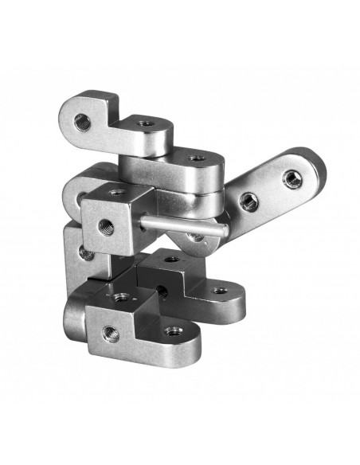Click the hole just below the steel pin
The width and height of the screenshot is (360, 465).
pyautogui.click(x=194, y=236)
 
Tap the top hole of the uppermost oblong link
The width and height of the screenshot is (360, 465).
pyautogui.click(x=196, y=158)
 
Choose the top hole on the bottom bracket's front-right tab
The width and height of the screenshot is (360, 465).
pyautogui.click(x=170, y=330)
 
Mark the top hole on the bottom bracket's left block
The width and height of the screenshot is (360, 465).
pyautogui.click(x=122, y=297)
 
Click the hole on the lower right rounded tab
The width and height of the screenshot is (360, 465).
pyautogui.click(x=219, y=290)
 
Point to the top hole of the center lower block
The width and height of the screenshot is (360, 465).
pyautogui.click(x=172, y=260)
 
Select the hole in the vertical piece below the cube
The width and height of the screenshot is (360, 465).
pyautogui.click(x=82, y=253)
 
